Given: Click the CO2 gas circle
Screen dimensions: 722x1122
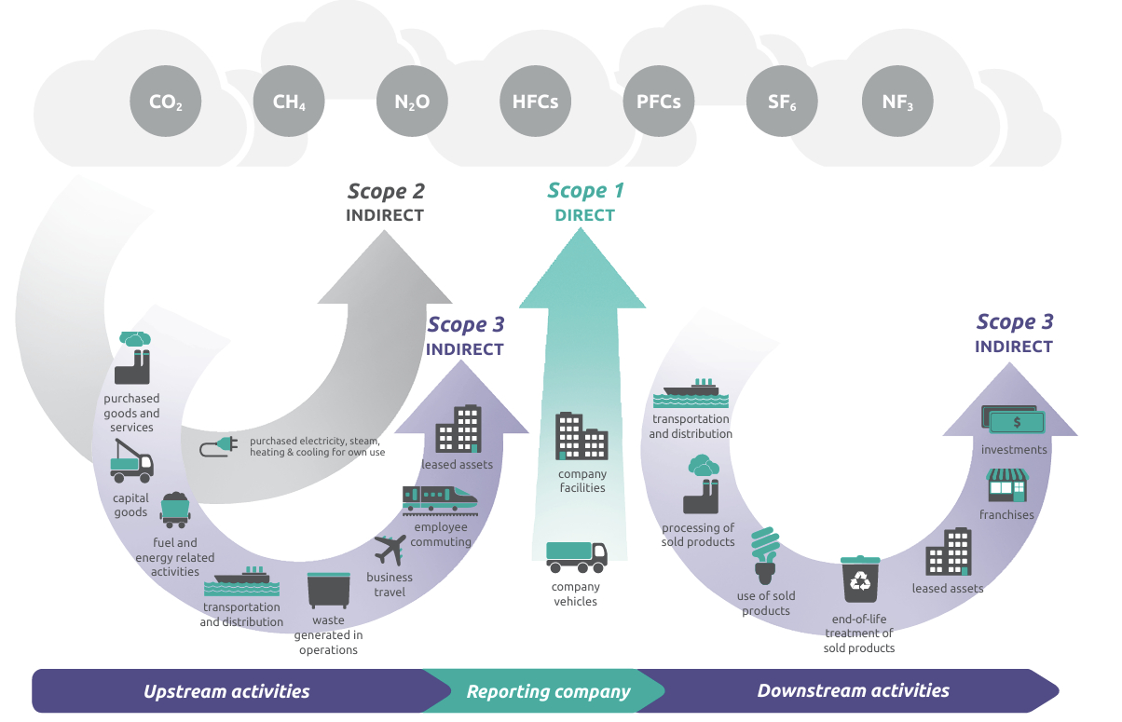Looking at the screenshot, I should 166,102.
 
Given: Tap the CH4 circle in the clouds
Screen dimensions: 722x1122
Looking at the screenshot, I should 289,102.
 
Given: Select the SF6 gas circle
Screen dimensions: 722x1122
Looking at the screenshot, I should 781,102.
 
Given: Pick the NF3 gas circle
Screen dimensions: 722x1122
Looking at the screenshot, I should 897,102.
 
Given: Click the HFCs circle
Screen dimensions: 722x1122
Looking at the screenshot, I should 535,102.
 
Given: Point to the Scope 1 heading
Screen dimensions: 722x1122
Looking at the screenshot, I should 585,191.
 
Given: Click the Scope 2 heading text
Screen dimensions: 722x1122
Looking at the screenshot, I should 386,192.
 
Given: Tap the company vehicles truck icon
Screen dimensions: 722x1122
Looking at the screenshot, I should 576,557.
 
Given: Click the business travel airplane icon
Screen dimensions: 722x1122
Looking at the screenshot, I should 390,550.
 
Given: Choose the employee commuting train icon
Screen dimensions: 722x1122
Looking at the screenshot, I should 440,498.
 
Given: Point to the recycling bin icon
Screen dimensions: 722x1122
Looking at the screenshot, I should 859,579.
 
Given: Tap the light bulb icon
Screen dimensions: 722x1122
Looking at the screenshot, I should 765,555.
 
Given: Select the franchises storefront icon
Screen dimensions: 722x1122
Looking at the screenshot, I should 1006,486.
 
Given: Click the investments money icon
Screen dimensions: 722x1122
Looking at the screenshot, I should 1014,420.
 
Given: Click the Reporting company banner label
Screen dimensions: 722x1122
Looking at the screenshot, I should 548,691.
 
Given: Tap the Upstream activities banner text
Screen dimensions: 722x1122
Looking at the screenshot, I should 226,691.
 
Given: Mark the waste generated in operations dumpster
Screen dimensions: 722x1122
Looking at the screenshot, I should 328,591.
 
